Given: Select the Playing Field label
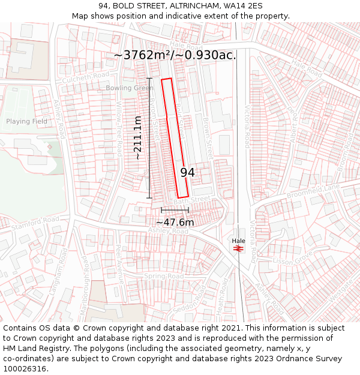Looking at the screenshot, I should (x=26, y=121).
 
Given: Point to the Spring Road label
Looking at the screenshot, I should (x=163, y=277).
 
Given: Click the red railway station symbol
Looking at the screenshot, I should (x=238, y=248).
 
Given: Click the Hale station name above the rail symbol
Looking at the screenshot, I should (x=238, y=241).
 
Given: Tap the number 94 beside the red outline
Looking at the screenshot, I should (x=187, y=173).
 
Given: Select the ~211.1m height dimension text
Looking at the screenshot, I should (x=138, y=137).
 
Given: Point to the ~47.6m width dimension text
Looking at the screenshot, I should (x=175, y=222).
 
